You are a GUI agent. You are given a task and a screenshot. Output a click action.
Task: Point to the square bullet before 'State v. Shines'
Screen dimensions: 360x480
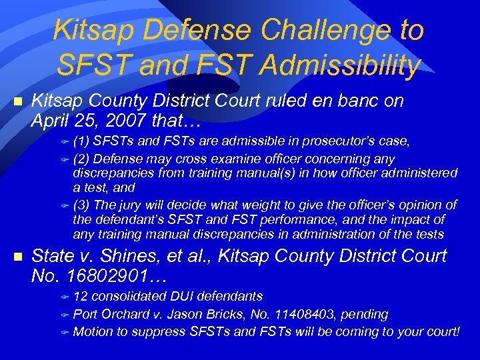18,257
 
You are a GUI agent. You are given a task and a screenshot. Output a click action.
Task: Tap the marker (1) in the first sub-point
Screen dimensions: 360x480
82,141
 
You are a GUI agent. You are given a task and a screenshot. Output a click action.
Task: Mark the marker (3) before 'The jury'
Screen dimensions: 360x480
82,205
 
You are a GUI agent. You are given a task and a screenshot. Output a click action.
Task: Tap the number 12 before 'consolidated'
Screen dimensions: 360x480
80,296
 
